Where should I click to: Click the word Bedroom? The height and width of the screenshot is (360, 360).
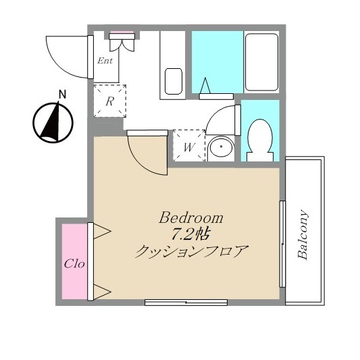pyautogui.click(x=191, y=217)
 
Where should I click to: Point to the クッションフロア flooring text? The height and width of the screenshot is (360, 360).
pyautogui.click(x=192, y=252)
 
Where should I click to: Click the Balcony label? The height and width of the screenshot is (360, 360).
pyautogui.click(x=303, y=234)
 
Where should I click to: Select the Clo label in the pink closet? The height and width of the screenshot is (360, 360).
pyautogui.click(x=74, y=264)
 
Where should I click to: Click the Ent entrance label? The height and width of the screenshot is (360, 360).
pyautogui.click(x=105, y=61)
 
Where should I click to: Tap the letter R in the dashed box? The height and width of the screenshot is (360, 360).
pyautogui.click(x=109, y=101)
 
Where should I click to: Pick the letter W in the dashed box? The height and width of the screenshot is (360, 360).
pyautogui.click(x=189, y=147)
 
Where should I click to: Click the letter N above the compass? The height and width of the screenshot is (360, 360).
pyautogui.click(x=62, y=95)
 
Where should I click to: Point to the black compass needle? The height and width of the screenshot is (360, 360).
pyautogui.click(x=51, y=124)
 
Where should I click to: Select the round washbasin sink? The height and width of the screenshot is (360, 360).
pyautogui.click(x=221, y=147)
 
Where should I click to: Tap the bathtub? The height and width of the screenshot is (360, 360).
pyautogui.click(x=261, y=62)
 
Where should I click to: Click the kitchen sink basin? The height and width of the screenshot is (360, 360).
pyautogui.click(x=174, y=81)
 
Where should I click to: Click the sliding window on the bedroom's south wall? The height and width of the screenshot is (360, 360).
pyautogui.click(x=186, y=303)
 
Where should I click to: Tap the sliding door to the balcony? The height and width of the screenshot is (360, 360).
pyautogui.click(x=282, y=244)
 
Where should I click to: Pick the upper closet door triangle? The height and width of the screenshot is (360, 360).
pyautogui.click(x=101, y=231)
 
